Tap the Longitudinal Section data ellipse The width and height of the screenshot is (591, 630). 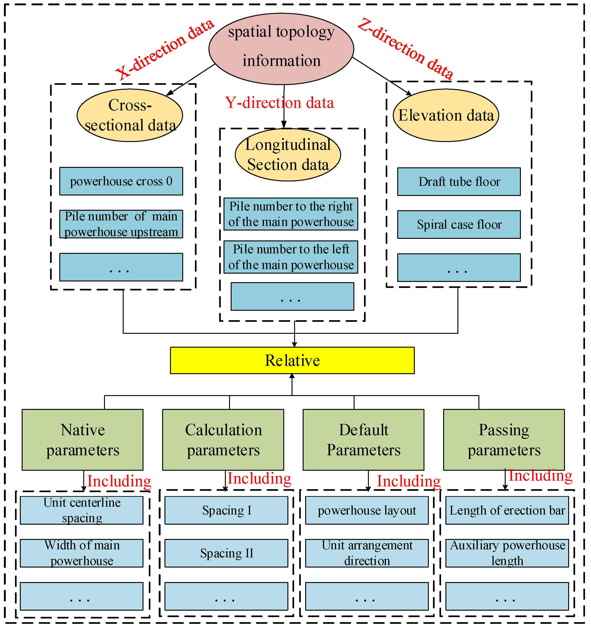point(288,155)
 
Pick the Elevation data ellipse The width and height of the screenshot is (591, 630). point(446,115)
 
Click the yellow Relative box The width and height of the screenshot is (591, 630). point(292,361)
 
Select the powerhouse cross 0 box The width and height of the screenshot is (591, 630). point(121,181)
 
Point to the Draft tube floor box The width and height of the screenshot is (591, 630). point(459,182)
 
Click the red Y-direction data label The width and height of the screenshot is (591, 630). point(279,103)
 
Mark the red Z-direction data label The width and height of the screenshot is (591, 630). point(406,48)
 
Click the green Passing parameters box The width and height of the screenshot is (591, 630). point(504,440)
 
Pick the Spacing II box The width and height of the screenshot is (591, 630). point(226,553)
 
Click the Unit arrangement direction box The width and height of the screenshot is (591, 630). point(367,553)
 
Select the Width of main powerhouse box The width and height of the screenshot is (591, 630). point(82,553)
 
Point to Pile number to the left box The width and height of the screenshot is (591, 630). point(291,257)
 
